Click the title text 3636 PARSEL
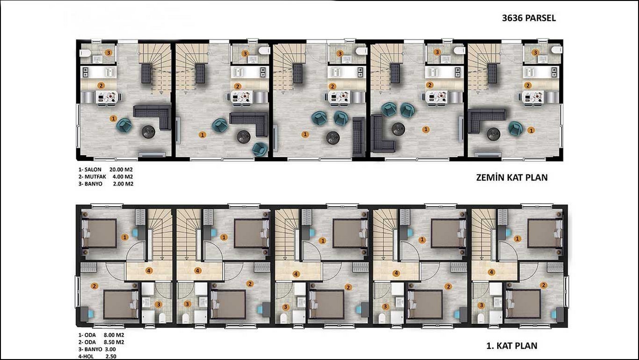tap(529, 18)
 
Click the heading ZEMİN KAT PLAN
tap(512, 178)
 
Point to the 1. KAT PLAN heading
tap(512, 346)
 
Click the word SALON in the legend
tap(93, 169)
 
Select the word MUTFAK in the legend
tap(95, 177)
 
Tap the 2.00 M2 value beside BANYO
tap(123, 184)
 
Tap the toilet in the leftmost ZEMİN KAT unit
tap(85, 53)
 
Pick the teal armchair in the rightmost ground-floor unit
tap(516, 128)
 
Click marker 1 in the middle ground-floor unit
tap(305, 134)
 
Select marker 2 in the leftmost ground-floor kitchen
tap(101, 85)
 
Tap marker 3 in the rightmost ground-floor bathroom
tap(535, 52)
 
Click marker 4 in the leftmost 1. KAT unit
tap(149, 271)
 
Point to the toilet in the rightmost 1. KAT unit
tap(481, 318)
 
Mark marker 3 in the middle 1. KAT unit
tap(285, 307)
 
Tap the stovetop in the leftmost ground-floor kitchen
tap(85, 72)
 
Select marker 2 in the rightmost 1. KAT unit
tap(544, 285)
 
